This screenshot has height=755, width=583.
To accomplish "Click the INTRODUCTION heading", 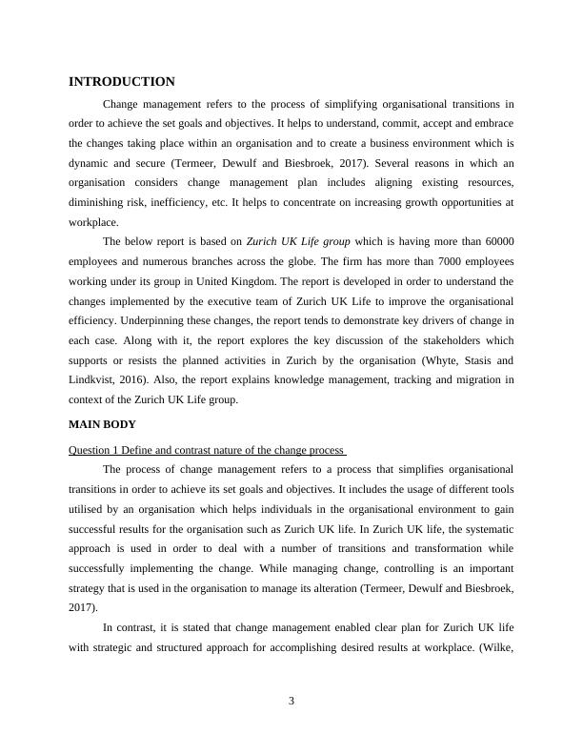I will [121, 82].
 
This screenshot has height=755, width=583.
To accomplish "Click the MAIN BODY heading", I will [102, 423].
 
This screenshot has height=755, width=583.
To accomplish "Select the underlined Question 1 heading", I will [207, 450].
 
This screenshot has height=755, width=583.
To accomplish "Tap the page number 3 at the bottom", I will [291, 703].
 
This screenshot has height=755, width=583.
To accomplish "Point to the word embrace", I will [492, 123].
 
